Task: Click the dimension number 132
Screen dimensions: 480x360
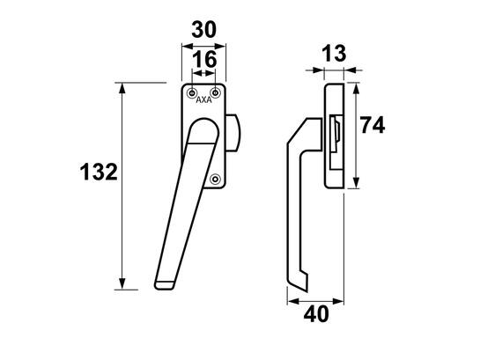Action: (99, 172)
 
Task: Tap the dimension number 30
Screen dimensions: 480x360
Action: (203, 30)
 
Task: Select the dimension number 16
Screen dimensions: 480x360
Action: (204, 59)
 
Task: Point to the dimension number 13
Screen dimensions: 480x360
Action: (334, 53)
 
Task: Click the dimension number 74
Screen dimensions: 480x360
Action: (373, 125)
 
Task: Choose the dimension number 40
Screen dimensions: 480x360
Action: (316, 314)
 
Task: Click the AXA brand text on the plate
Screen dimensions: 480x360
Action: (203, 100)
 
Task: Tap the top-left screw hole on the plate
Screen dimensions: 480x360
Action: (192, 92)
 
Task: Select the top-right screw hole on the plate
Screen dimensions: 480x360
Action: (216, 92)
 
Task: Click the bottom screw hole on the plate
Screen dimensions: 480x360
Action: (216, 179)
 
